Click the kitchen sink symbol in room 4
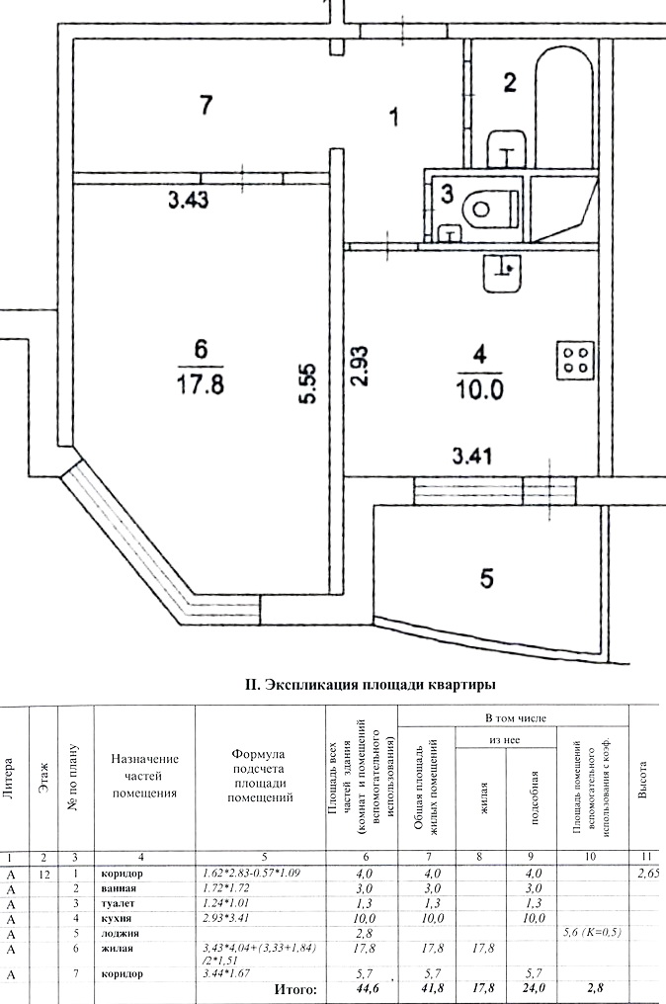tap(502, 273)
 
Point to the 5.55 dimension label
tap(308, 383)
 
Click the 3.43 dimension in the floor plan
tap(189, 201)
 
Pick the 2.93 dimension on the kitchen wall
tap(361, 367)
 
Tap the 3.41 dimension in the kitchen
tap(472, 456)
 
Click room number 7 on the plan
tap(206, 105)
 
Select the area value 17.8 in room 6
tap(200, 386)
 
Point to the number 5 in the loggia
tap(487, 578)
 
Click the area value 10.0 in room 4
tap(480, 389)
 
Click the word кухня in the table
tap(116, 918)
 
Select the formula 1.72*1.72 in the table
tap(226, 888)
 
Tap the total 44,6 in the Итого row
tap(365, 989)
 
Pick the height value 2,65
tap(648, 873)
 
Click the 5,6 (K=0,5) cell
tap(592, 933)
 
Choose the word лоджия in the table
tap(120, 933)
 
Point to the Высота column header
tap(644, 780)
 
